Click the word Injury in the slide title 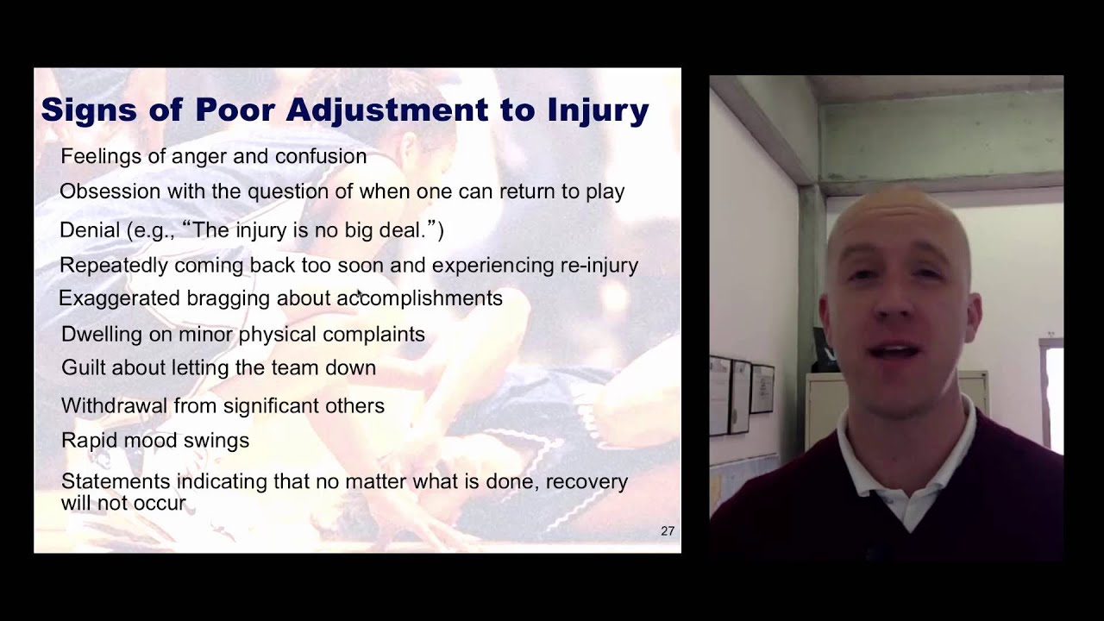coord(598,110)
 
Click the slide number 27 coord(668,531)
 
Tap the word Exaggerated coord(120,298)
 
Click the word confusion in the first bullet coord(322,157)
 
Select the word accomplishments coord(419,298)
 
